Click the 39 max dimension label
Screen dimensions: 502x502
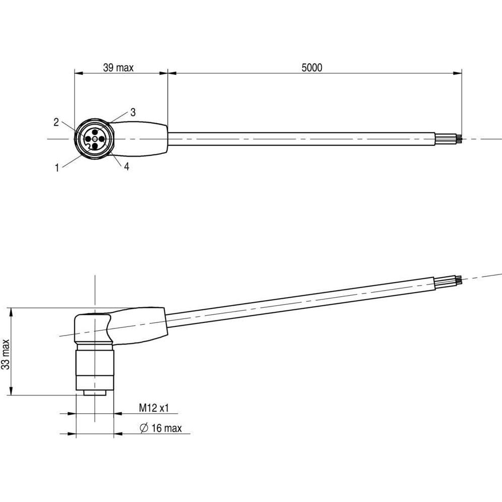[x=118, y=68]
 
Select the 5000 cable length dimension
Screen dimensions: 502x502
[x=312, y=68]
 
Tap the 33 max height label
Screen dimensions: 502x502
[x=6, y=354]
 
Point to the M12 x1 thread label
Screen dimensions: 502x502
[x=154, y=408]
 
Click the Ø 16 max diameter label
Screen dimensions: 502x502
[x=161, y=428]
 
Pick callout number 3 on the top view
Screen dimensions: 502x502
[x=133, y=113]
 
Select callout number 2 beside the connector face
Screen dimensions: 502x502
[x=57, y=122]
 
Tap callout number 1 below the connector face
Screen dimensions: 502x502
[x=57, y=168]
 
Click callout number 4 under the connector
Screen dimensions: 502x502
[x=127, y=166]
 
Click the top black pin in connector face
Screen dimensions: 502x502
[x=95, y=132]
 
